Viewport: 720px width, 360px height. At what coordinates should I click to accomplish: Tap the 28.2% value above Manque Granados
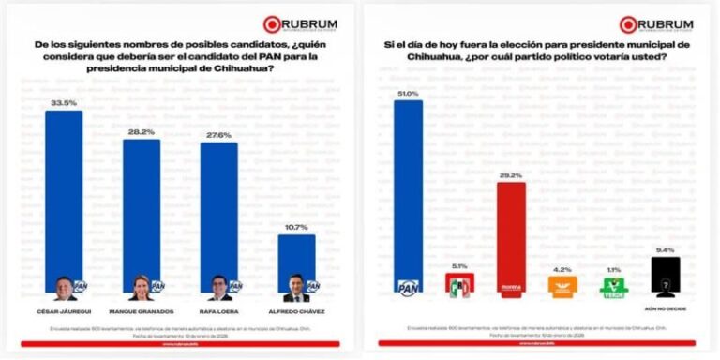(141, 132)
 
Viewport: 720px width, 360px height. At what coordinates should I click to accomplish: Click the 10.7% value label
(296, 228)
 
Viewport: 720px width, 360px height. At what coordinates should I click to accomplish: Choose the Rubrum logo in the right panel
(655, 23)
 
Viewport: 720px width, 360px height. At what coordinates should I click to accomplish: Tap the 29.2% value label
(510, 174)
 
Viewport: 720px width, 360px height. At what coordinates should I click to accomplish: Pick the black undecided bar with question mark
(665, 277)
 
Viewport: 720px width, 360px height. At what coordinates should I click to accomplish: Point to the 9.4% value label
(665, 250)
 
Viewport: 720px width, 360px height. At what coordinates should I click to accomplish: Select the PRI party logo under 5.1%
(459, 285)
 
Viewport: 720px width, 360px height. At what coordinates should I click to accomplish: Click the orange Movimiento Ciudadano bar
(562, 284)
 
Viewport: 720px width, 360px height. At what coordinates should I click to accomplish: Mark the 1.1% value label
(612, 271)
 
